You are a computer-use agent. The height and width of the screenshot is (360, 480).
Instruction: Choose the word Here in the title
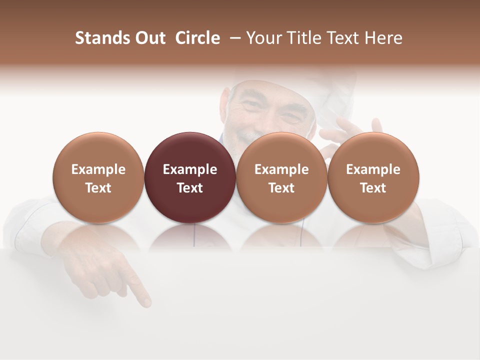pyautogui.click(x=383, y=38)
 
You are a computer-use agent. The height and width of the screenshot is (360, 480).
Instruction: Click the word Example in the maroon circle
pyautogui.click(x=190, y=169)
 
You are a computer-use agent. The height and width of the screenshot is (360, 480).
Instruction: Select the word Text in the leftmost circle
pyautogui.click(x=98, y=188)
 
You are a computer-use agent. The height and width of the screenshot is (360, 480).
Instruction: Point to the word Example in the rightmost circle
pyautogui.click(x=373, y=169)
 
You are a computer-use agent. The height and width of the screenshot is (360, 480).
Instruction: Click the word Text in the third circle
pyautogui.click(x=281, y=188)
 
